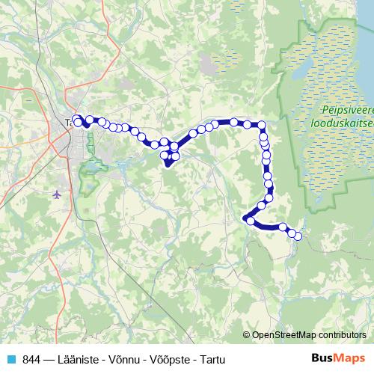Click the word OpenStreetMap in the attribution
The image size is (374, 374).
286,336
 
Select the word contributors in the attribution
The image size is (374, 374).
342,336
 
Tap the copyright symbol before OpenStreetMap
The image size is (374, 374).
247,336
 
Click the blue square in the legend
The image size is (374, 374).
10,359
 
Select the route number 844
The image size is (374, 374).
31,359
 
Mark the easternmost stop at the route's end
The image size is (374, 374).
298,236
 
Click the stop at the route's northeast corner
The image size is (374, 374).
262,126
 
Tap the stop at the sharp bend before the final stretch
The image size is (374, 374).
250,219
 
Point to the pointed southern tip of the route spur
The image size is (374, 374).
168,167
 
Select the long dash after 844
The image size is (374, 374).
50,359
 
